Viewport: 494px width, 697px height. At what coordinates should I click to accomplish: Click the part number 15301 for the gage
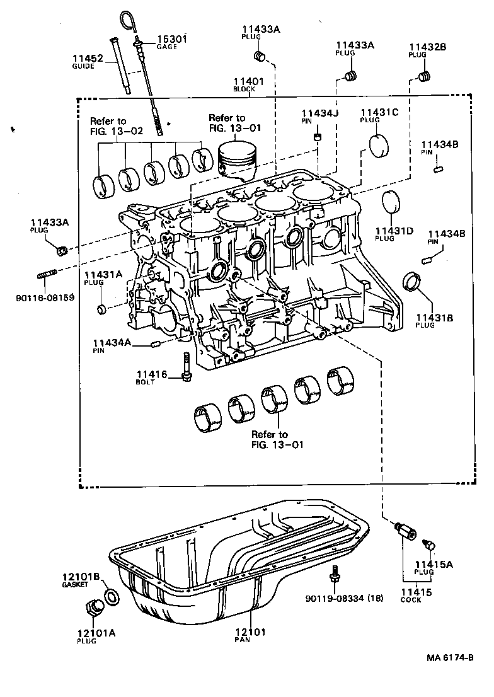tap(172, 39)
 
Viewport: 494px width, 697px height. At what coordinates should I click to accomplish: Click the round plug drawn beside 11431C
tap(381, 146)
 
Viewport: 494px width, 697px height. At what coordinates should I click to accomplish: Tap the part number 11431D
tap(394, 231)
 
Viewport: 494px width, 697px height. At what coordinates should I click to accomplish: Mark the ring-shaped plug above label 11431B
tap(413, 282)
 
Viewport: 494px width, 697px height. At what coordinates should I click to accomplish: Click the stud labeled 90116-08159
tap(49, 275)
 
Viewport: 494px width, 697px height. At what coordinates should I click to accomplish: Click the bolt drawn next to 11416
tap(187, 366)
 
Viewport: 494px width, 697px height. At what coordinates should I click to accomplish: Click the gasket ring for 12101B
tap(110, 597)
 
